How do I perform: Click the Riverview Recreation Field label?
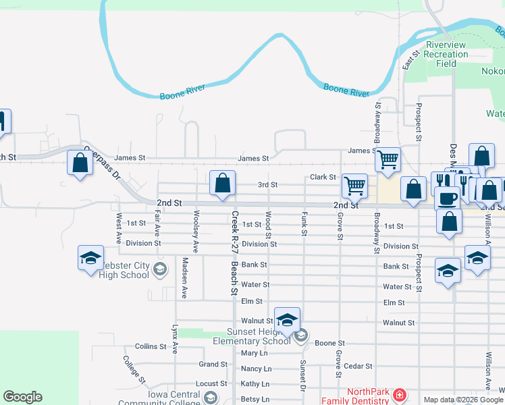click(x=446, y=54)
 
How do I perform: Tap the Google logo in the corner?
click(x=22, y=397)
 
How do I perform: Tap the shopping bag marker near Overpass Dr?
click(x=80, y=163)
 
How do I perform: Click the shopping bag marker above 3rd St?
click(x=222, y=184)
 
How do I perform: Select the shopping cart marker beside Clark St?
click(x=354, y=185)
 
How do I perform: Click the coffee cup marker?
click(x=446, y=198)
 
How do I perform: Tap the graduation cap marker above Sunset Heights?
click(x=287, y=321)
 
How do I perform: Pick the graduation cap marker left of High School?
click(x=90, y=259)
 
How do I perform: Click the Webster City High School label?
click(x=124, y=270)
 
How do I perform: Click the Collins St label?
click(x=151, y=346)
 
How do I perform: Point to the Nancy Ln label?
click(x=256, y=369)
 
